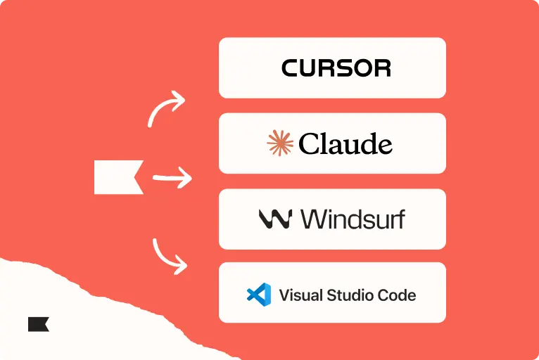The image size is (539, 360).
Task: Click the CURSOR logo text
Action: coord(336,67)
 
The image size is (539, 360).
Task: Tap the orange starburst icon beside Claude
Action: coord(280,143)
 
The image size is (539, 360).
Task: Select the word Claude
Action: coord(345,143)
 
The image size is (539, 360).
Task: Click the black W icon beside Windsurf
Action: coord(275,219)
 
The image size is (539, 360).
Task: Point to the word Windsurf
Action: coord(353,219)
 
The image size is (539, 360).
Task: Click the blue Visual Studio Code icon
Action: coord(259,295)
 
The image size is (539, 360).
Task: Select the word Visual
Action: coord(300,295)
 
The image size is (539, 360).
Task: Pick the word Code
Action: coord(397,295)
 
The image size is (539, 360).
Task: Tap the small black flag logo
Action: coord(38,324)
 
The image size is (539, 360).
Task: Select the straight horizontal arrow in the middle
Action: coord(172,178)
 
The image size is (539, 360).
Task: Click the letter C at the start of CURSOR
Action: coord(291,67)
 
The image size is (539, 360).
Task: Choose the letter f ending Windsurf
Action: coord(400,219)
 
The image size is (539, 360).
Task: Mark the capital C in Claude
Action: coord(309,143)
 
